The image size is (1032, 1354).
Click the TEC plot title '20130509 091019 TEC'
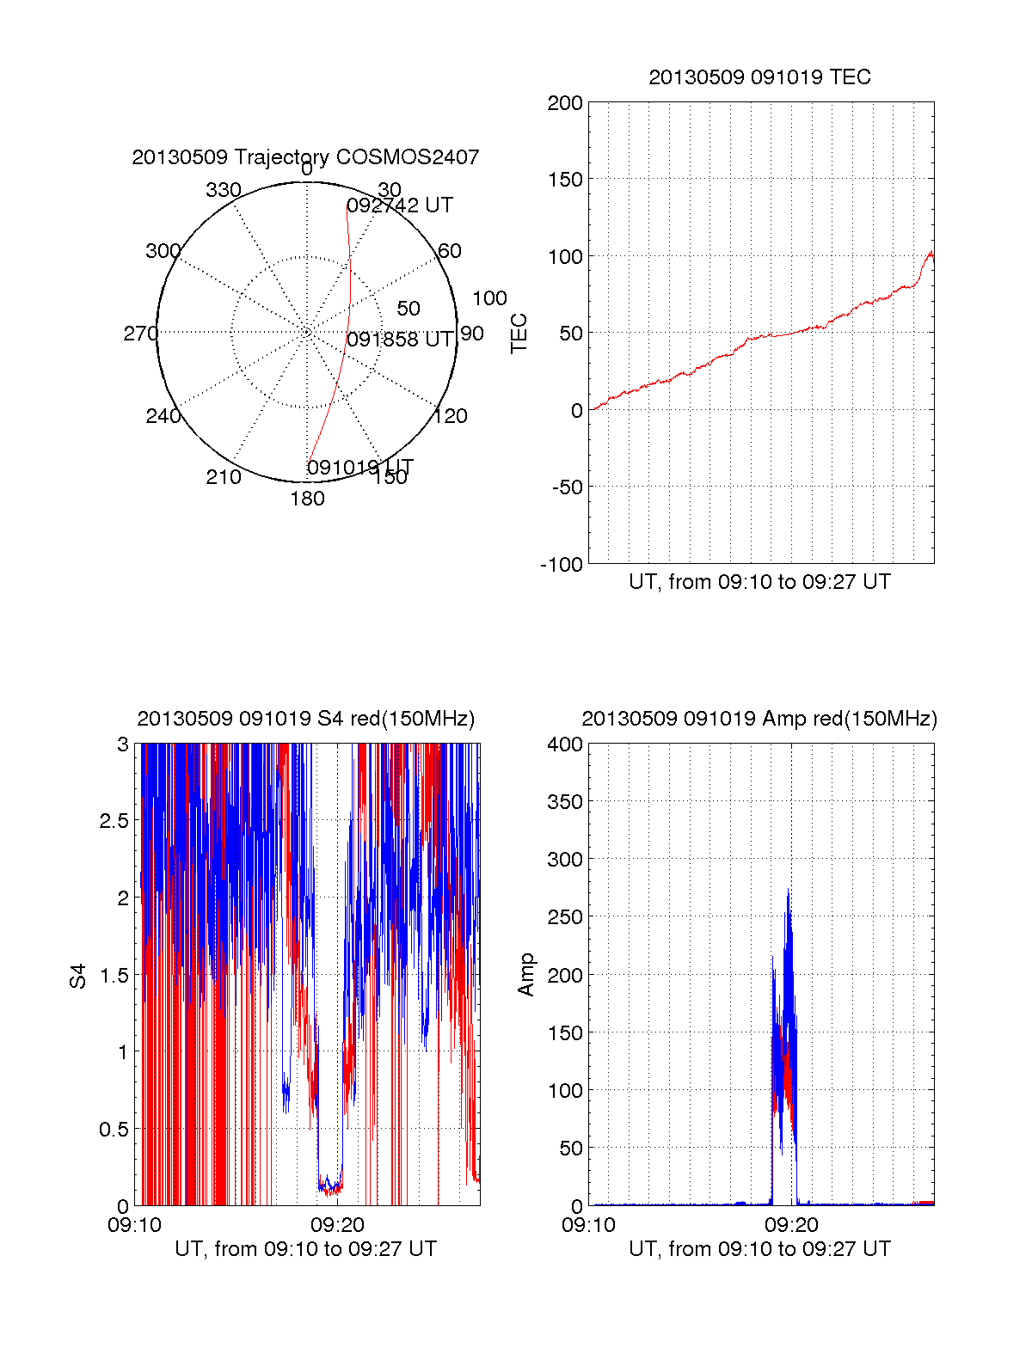pyautogui.click(x=759, y=77)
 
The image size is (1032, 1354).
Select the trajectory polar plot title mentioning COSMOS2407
pyautogui.click(x=305, y=157)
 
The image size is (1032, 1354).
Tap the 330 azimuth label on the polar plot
pyautogui.click(x=223, y=190)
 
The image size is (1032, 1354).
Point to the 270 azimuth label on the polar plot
pyautogui.click(x=140, y=334)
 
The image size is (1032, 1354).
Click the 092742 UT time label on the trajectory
pyautogui.click(x=400, y=205)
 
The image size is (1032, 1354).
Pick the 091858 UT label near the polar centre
pyautogui.click(x=400, y=340)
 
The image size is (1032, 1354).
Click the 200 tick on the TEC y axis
pyautogui.click(x=565, y=103)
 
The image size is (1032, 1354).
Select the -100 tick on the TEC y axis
pyautogui.click(x=562, y=565)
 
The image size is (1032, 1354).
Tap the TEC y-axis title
pyautogui.click(x=519, y=334)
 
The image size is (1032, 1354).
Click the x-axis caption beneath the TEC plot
pyautogui.click(x=759, y=582)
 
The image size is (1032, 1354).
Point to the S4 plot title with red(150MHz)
pyautogui.click(x=305, y=719)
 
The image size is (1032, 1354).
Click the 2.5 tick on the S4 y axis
pyautogui.click(x=114, y=821)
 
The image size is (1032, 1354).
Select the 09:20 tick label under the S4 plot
pyautogui.click(x=338, y=1224)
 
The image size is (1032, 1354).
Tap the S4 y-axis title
pyautogui.click(x=78, y=976)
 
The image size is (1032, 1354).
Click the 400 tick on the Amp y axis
pyautogui.click(x=565, y=744)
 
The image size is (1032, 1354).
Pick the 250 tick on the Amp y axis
pyautogui.click(x=565, y=917)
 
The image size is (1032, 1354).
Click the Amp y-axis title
pyautogui.click(x=526, y=975)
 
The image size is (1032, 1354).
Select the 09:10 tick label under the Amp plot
pyautogui.click(x=588, y=1224)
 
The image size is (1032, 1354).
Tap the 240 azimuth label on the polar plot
pyautogui.click(x=163, y=417)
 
